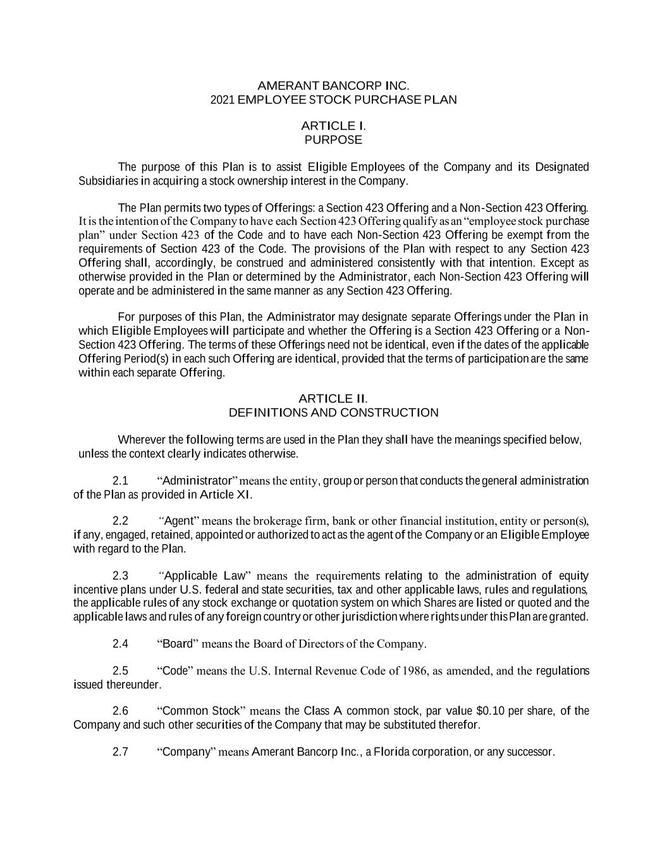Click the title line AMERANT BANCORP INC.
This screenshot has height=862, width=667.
(x=333, y=85)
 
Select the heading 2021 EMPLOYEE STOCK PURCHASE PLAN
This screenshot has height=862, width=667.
(x=333, y=100)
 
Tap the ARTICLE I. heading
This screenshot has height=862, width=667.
(x=333, y=126)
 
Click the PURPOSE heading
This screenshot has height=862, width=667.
(x=333, y=140)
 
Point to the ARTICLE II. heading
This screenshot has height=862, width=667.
(x=333, y=398)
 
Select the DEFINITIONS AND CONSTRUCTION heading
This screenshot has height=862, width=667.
(x=333, y=413)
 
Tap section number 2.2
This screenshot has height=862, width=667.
(x=120, y=522)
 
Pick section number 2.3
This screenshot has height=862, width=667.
(x=120, y=576)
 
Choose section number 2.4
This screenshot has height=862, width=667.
(x=120, y=644)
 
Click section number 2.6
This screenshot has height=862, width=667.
(x=120, y=711)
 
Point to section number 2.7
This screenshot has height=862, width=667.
(x=120, y=752)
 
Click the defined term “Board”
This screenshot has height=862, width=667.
(x=178, y=644)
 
